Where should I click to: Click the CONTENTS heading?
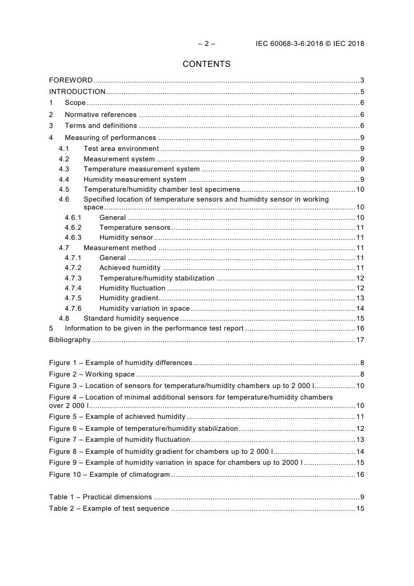pos(206,64)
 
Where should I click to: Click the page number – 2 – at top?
pos(206,44)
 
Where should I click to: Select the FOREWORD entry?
pos(70,80)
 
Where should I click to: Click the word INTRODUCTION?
pos(77,92)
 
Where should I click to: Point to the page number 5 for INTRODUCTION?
pos(362,92)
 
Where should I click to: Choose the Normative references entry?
pos(100,114)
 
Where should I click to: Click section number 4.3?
pos(64,169)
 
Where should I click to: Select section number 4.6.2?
pos(73,227)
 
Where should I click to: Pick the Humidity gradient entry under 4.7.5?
pos(128,298)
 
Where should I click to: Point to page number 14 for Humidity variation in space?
pos(360,308)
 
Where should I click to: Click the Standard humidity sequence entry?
pos(131,318)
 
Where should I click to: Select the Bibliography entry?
pos(69,340)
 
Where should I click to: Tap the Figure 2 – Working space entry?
pos(91,374)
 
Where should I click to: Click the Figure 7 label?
pos(65,439)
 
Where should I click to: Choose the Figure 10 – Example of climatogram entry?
pos(109,474)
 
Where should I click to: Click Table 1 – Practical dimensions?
pos(100,497)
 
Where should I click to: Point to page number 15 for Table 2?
pos(360,508)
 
